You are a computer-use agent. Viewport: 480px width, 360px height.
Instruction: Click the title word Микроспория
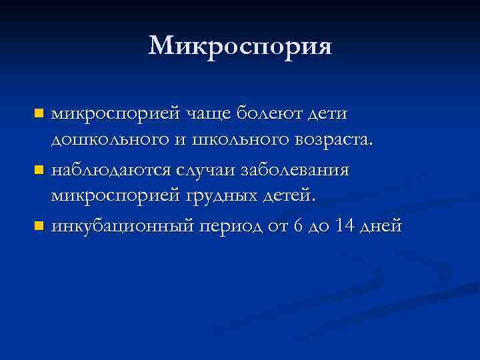pos(240,46)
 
